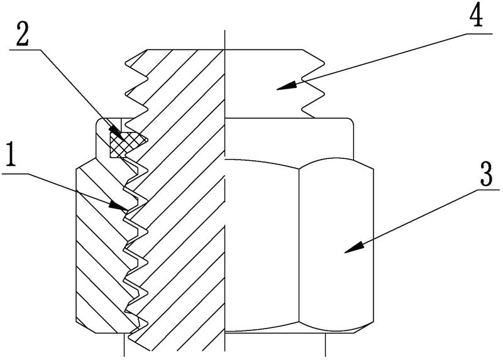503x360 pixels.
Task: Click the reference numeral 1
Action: point(11,155)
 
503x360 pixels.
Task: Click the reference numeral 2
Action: point(23,33)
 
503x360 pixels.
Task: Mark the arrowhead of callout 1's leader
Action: point(118,205)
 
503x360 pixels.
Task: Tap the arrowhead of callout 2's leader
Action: point(116,133)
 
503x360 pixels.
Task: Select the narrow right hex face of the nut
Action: point(336,245)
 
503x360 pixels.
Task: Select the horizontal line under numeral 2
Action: point(25,50)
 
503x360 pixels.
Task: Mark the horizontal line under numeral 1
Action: point(14,173)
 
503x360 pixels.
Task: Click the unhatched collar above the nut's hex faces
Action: point(289,138)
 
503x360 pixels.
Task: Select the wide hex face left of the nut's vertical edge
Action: point(262,245)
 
